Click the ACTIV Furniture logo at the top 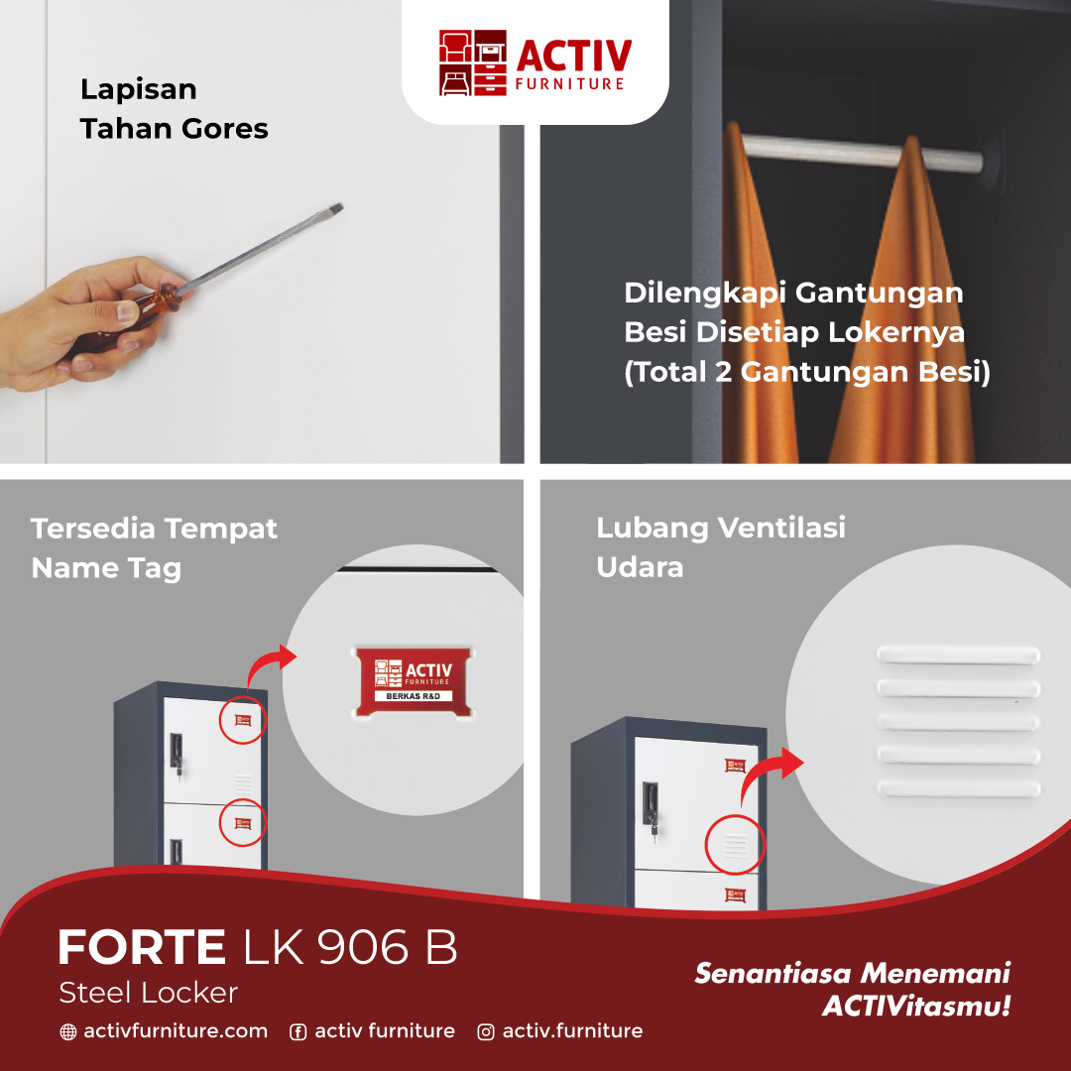tap(535, 63)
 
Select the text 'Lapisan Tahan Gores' tap(174, 109)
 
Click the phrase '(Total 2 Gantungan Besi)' tap(807, 373)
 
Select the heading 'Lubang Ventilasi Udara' tap(721, 546)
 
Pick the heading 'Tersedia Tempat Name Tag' tap(154, 547)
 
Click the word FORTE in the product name tap(141, 948)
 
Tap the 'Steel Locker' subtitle tap(148, 993)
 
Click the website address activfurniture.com tap(176, 1031)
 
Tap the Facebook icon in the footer tap(297, 1032)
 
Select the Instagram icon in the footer tap(486, 1032)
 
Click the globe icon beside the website tap(67, 1032)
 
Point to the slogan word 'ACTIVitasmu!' tap(916, 1007)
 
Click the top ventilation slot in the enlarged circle tap(958, 655)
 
